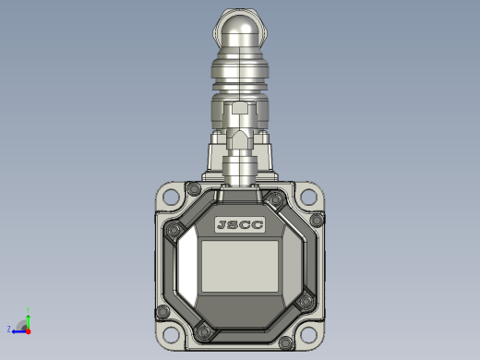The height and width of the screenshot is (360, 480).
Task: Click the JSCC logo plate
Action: pos(240,224)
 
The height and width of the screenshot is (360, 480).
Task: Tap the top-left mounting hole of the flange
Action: pos(171,197)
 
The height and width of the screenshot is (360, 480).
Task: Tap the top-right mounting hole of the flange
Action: pos(308,197)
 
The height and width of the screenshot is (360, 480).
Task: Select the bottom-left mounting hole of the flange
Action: pos(171,335)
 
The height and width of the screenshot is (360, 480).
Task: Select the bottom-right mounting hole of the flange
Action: pos(308,335)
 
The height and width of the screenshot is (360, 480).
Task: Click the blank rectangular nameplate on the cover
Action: pos(240,266)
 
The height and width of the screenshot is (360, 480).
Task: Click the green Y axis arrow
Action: pos(28,322)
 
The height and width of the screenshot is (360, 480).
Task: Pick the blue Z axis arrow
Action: pos(19,331)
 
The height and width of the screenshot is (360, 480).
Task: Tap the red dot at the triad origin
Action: pos(29,331)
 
